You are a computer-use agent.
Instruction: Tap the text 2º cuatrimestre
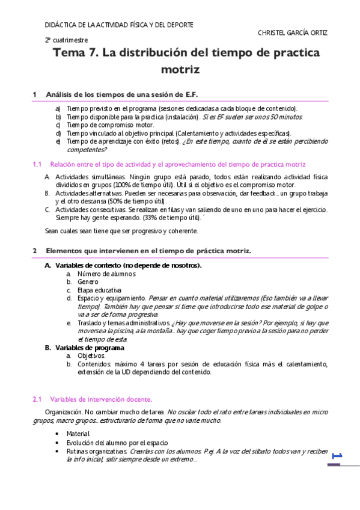(x=66, y=40)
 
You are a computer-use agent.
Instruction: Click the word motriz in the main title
(x=180, y=70)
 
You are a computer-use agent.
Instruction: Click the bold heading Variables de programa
(x=90, y=347)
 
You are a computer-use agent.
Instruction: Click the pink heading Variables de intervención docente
(x=101, y=399)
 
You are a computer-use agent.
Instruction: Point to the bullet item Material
(x=78, y=434)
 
